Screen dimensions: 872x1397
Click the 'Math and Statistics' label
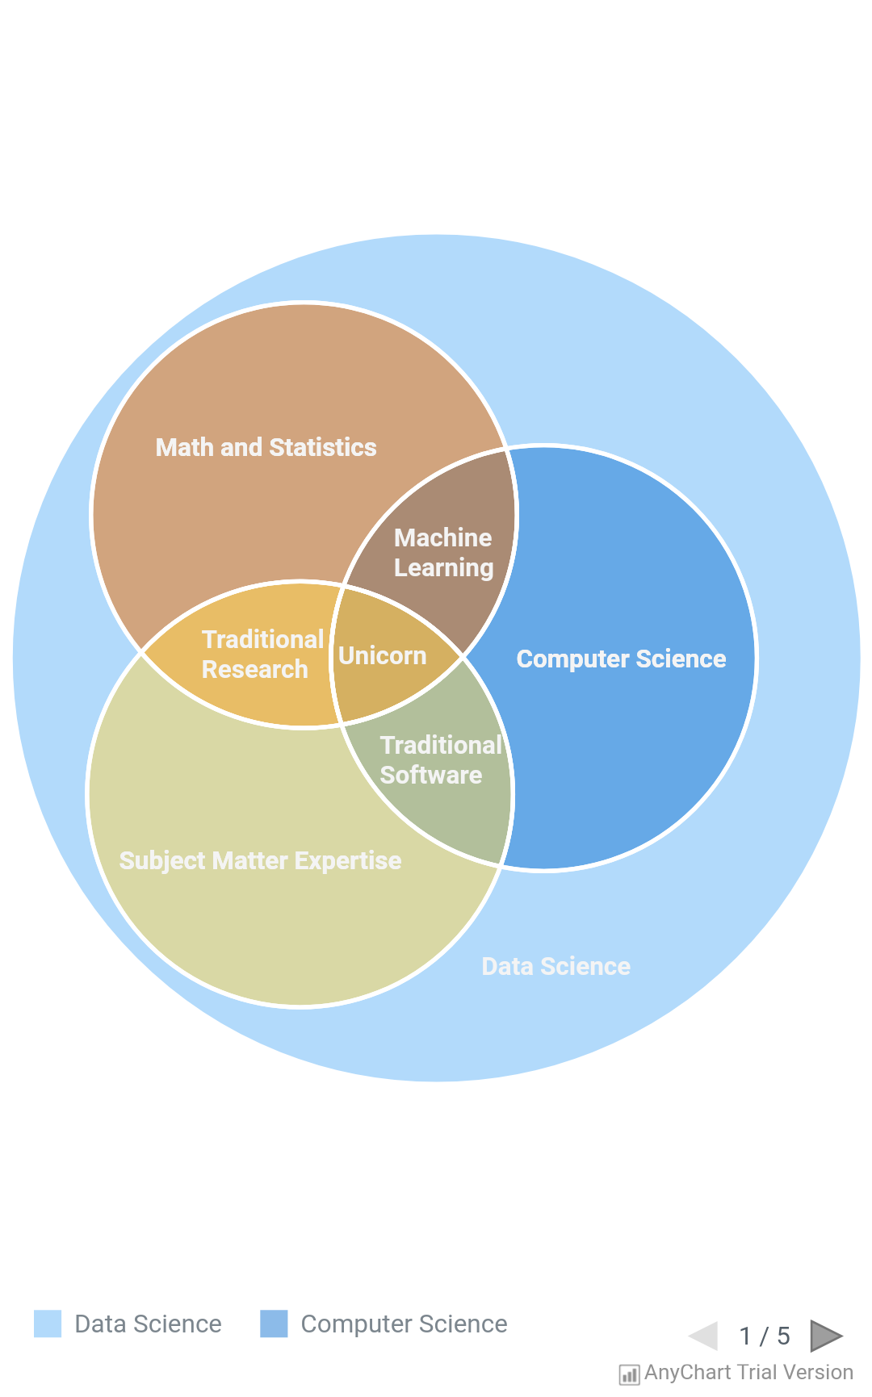[266, 447]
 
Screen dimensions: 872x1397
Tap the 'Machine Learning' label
[443, 553]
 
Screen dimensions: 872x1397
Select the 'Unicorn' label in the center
[382, 655]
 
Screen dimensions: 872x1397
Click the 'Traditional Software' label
[440, 759]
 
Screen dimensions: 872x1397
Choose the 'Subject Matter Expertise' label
[260, 860]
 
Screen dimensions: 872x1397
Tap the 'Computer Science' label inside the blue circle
[621, 659]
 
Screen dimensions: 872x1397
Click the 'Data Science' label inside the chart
[555, 966]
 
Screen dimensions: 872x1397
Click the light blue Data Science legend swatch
[48, 1324]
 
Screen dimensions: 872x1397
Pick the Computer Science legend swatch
[274, 1324]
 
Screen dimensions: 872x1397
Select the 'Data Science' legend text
[148, 1324]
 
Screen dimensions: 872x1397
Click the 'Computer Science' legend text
[404, 1324]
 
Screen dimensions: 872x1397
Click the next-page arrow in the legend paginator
[825, 1336]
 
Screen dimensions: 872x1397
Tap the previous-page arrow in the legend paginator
[704, 1336]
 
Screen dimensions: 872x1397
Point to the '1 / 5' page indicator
[765, 1336]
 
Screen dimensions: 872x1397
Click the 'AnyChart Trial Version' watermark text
[748, 1372]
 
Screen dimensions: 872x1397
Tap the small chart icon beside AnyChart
[629, 1374]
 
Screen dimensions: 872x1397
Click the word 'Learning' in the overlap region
[443, 568]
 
